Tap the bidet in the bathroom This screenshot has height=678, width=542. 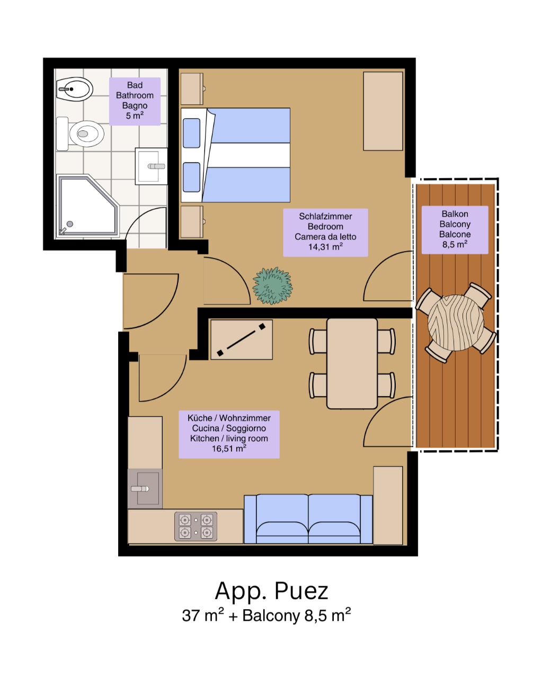(75, 89)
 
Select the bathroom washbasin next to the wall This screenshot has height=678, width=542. (151, 166)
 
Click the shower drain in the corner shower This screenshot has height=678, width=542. (70, 224)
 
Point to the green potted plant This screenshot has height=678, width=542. (272, 286)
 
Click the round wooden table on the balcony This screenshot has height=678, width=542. (455, 322)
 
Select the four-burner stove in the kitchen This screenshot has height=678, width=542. (196, 526)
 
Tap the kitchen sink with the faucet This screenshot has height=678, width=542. (145, 488)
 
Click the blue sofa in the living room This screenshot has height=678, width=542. (308, 519)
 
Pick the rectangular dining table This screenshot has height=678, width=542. (352, 363)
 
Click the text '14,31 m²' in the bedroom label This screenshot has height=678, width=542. (325, 247)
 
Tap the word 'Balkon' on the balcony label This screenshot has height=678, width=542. (455, 214)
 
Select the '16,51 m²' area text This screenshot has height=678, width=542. (229, 448)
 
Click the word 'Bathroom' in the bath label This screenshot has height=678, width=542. (135, 95)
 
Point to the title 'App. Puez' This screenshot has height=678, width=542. (271, 591)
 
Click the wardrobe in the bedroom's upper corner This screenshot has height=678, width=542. (383, 111)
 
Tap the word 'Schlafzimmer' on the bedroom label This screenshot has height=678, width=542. (325, 217)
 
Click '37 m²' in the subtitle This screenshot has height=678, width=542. (202, 615)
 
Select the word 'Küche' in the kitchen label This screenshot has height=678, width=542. (199, 418)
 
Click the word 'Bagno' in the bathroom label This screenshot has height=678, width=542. (135, 105)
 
